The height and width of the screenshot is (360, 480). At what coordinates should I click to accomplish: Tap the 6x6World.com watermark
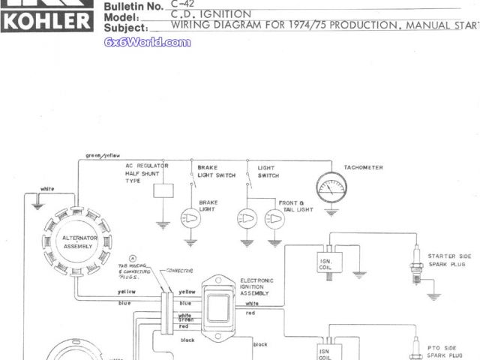tap(147, 42)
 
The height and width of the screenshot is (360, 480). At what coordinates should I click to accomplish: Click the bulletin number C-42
tap(182, 4)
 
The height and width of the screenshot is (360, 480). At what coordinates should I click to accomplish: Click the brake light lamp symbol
tap(190, 218)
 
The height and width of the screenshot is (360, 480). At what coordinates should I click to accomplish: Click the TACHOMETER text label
tap(363, 167)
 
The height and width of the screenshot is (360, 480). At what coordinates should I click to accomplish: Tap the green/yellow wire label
tap(103, 155)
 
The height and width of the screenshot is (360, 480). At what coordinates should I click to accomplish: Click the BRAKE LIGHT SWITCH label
tap(216, 171)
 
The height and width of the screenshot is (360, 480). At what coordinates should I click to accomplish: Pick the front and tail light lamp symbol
tap(246, 218)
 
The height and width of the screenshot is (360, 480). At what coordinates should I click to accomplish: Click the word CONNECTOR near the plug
tap(179, 270)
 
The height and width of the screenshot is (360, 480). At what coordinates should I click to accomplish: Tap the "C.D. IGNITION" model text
tap(211, 14)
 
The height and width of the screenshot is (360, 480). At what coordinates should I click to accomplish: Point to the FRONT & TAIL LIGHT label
tap(291, 206)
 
